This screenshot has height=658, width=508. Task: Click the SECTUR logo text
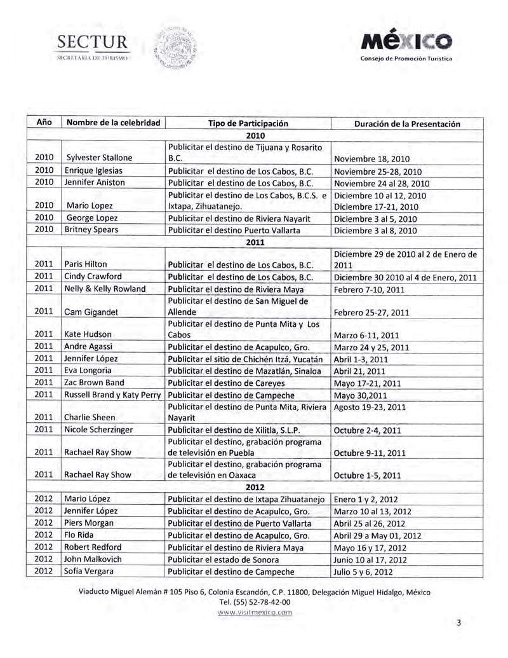[93, 45]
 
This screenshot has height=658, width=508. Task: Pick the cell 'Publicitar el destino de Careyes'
[222, 383]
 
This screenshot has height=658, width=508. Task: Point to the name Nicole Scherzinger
[98, 430]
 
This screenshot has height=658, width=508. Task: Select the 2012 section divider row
[254, 487]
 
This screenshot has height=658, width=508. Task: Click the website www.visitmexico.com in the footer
[254, 614]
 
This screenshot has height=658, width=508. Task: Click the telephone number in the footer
[254, 603]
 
